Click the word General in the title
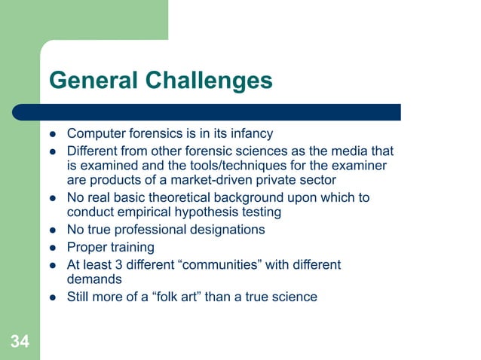(93, 81)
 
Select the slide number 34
(20, 343)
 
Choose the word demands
(94, 279)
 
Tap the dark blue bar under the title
(219, 111)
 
